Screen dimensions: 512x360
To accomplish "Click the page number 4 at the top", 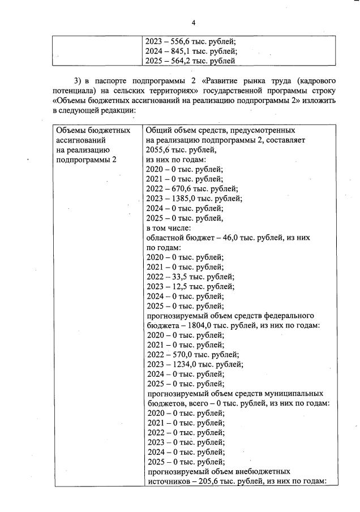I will [193, 23].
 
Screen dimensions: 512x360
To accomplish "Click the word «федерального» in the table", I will [289, 315].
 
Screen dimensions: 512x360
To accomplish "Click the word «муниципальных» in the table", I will [293, 393].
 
